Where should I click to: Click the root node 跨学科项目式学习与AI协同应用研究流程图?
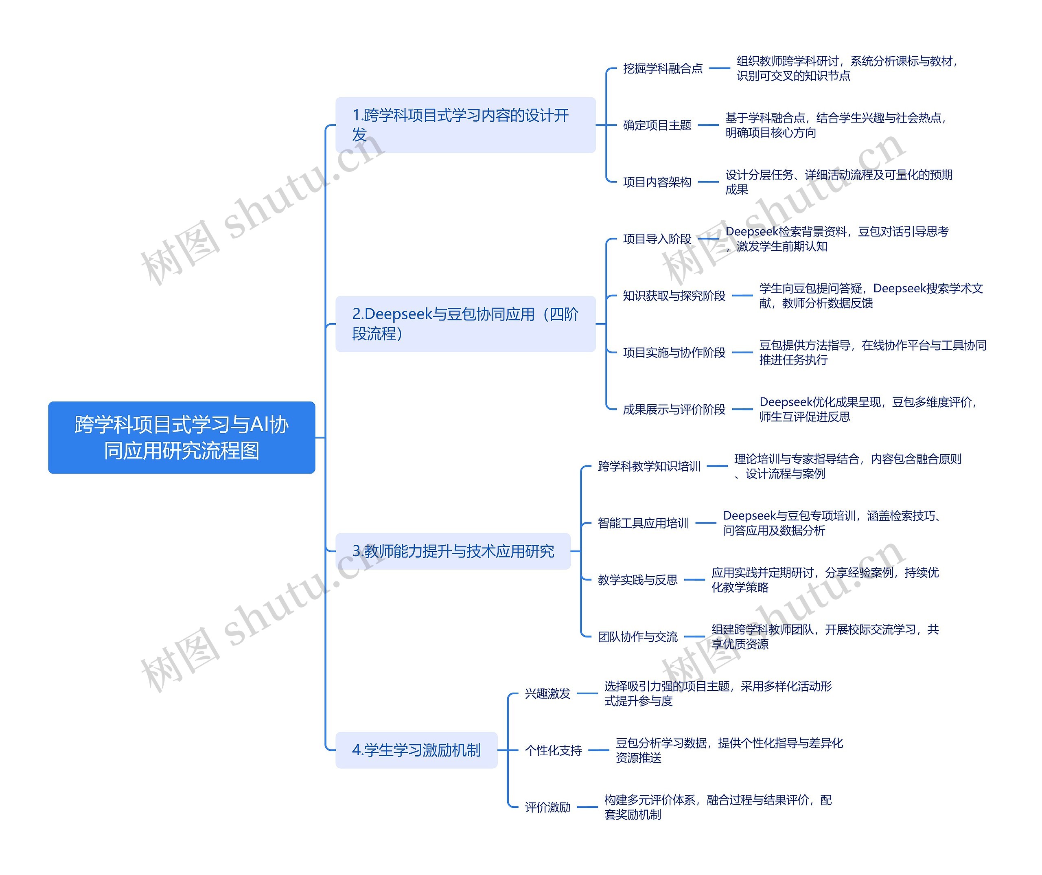(x=182, y=437)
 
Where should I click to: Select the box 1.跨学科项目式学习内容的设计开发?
(x=465, y=125)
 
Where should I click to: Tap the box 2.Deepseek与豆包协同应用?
(x=465, y=324)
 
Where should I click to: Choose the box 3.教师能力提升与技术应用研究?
(x=453, y=551)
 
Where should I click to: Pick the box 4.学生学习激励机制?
(x=416, y=750)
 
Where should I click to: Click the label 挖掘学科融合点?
(x=663, y=68)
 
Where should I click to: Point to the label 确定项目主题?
(x=657, y=125)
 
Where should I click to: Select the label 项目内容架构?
(x=657, y=182)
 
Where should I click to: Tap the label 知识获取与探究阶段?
(x=674, y=296)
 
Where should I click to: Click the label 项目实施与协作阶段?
(x=674, y=352)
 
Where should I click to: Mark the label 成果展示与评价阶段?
(x=674, y=410)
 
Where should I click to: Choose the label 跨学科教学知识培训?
(x=649, y=466)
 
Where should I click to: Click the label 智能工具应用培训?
(x=643, y=523)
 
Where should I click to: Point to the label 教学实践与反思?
(x=637, y=580)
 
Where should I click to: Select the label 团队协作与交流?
(x=637, y=637)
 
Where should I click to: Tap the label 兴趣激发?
(x=548, y=693)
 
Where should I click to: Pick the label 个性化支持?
(x=553, y=750)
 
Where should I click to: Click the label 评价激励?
(x=548, y=807)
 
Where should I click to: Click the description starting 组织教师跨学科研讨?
(x=847, y=68)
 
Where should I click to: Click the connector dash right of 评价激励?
(x=587, y=807)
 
